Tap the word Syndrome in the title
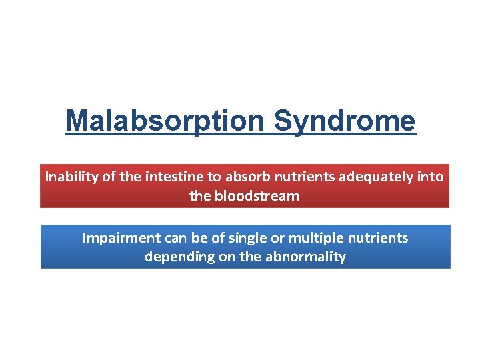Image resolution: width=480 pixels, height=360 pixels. pyautogui.click(x=345, y=121)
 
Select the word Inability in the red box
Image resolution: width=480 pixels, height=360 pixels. pyautogui.click(x=70, y=177)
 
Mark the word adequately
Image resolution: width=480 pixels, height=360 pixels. pyautogui.click(x=364, y=177)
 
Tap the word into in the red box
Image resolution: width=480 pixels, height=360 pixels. pyautogui.click(x=430, y=177)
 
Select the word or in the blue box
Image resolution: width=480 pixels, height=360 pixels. pyautogui.click(x=277, y=238)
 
